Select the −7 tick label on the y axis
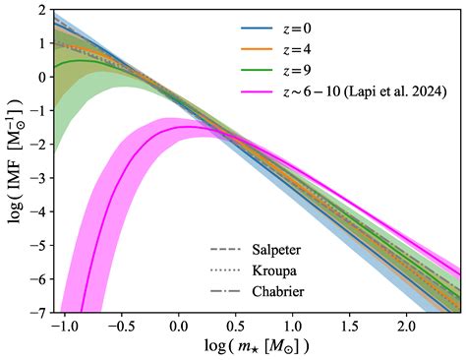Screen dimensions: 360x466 tap(40, 312)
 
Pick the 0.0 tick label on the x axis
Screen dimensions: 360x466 tap(179, 326)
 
